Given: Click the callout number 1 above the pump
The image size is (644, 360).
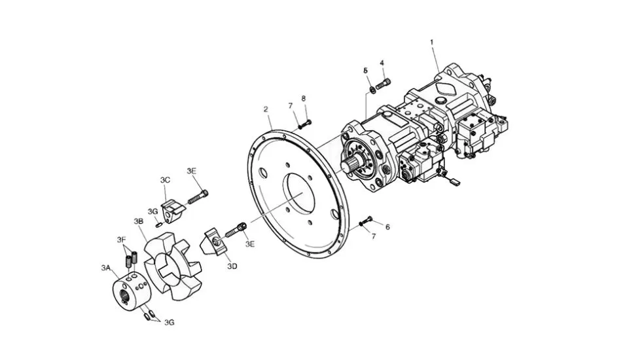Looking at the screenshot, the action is click(x=432, y=42).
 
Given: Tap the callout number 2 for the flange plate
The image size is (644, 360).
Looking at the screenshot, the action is click(x=266, y=109).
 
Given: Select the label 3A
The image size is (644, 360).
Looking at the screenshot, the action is click(x=106, y=268).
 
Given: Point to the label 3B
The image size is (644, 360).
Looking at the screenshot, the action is click(x=138, y=221).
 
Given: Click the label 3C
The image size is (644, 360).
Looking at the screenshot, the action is click(x=165, y=180).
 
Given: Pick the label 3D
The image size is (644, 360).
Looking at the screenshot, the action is click(x=232, y=266).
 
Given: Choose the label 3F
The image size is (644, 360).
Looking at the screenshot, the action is click(x=121, y=239).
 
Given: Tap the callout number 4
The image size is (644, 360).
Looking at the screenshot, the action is click(x=382, y=63).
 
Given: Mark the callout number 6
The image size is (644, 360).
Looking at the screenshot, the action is click(x=387, y=227).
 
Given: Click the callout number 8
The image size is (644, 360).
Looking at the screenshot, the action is click(x=304, y=99).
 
